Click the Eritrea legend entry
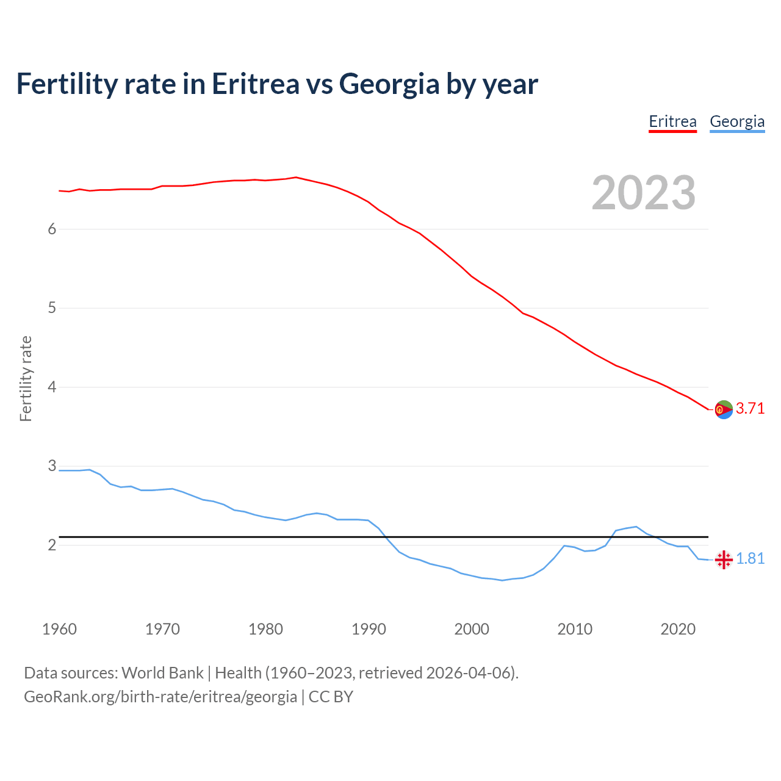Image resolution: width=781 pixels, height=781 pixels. pyautogui.click(x=672, y=121)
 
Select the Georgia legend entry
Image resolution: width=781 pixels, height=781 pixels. pyautogui.click(x=737, y=121)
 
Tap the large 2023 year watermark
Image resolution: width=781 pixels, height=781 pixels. pyautogui.click(x=644, y=193)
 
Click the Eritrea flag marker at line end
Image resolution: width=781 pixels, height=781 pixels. pyautogui.click(x=724, y=409)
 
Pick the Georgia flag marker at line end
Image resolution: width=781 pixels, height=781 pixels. pyautogui.click(x=724, y=559)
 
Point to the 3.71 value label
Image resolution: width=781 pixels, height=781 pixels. pyautogui.click(x=750, y=409)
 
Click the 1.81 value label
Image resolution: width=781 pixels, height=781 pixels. pyautogui.click(x=750, y=559)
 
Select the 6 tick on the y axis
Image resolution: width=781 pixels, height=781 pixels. pyautogui.click(x=52, y=229)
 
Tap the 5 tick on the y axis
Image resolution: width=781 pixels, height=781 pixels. pyautogui.click(x=52, y=308)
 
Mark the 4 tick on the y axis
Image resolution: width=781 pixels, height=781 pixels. pyautogui.click(x=52, y=387)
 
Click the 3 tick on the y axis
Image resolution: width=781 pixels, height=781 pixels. pyautogui.click(x=52, y=466)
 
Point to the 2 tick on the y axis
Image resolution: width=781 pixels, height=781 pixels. pyautogui.click(x=52, y=545)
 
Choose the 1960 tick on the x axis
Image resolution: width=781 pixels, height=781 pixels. pyautogui.click(x=59, y=629)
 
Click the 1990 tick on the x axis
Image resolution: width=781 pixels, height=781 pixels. pyautogui.click(x=369, y=629)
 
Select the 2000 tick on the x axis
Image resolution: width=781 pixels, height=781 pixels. pyautogui.click(x=472, y=629)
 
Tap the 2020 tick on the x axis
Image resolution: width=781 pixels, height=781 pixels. pyautogui.click(x=678, y=629)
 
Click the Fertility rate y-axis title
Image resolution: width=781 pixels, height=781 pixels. pyautogui.click(x=26, y=378)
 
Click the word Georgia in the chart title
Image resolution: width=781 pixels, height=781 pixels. pyautogui.click(x=389, y=84)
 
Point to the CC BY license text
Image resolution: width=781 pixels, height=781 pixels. pyautogui.click(x=331, y=696)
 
